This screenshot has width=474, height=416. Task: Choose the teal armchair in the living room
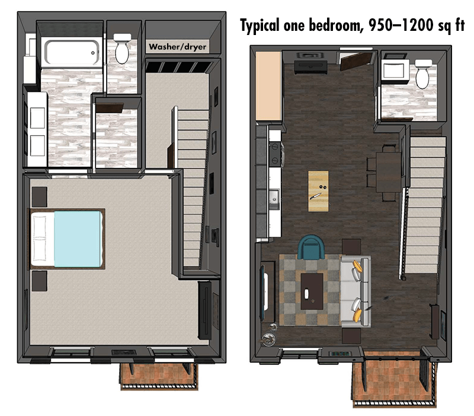(311, 246)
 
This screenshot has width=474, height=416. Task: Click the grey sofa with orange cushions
(356, 291)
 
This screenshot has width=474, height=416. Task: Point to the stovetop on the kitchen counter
(275, 154)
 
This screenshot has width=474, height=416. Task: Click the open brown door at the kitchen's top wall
(357, 60)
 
